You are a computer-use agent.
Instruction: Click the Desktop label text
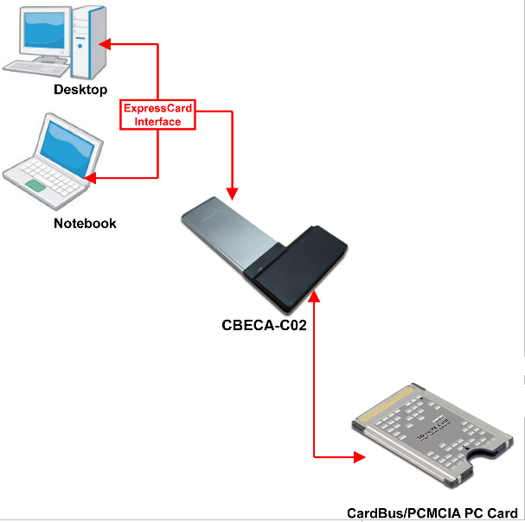[80, 90]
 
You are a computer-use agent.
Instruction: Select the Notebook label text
[85, 223]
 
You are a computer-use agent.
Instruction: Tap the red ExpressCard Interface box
[158, 115]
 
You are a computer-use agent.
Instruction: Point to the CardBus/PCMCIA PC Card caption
[432, 512]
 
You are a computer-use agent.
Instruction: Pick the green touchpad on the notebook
[37, 186]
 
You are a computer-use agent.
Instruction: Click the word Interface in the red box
[158, 122]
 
